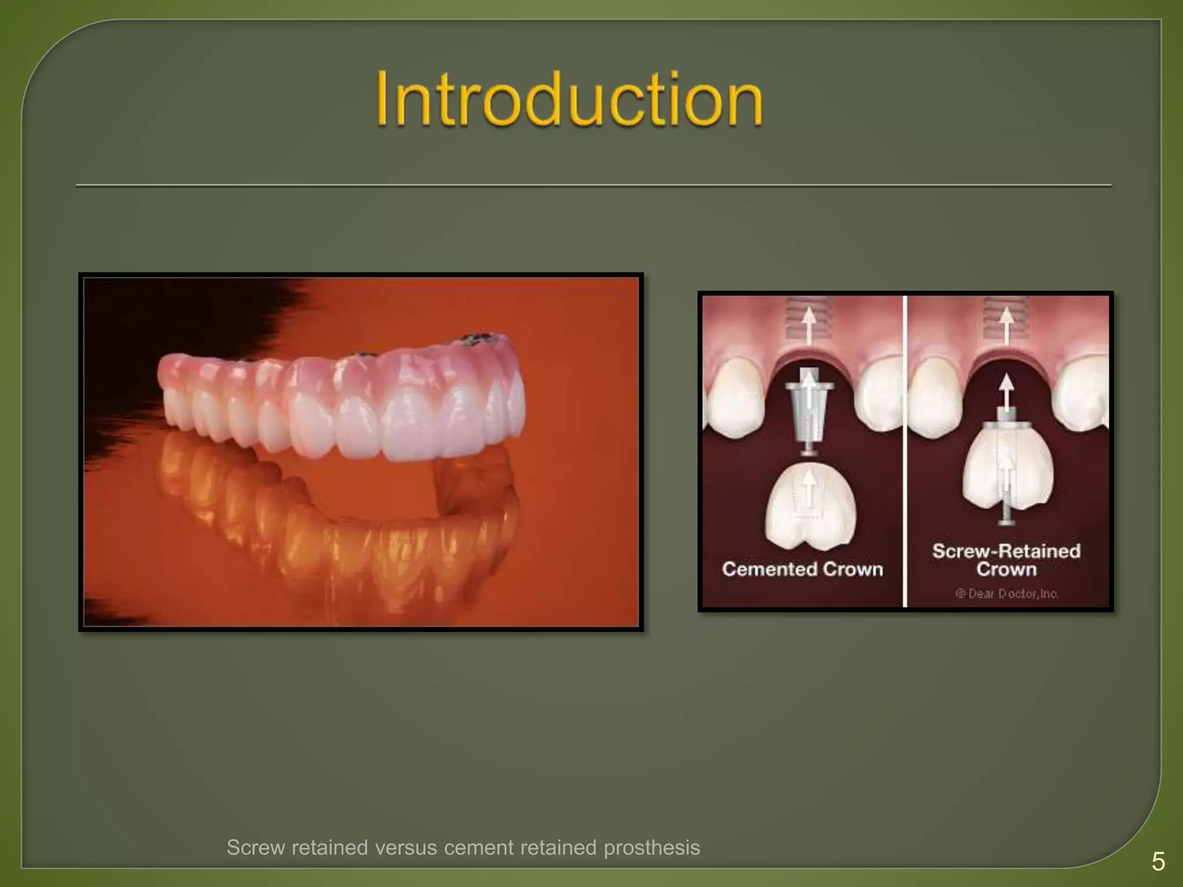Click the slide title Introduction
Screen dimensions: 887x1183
[x=569, y=99]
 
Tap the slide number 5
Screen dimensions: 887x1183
[x=1158, y=862]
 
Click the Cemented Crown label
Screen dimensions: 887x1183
[x=802, y=569]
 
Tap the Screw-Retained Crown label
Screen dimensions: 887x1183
[x=1006, y=560]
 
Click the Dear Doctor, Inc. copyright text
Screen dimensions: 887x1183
[x=1007, y=594]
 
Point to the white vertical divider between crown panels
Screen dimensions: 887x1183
[x=905, y=450]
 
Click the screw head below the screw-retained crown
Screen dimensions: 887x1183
[x=1007, y=521]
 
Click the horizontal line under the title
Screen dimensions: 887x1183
[x=593, y=186]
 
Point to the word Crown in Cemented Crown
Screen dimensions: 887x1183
[x=853, y=569]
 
